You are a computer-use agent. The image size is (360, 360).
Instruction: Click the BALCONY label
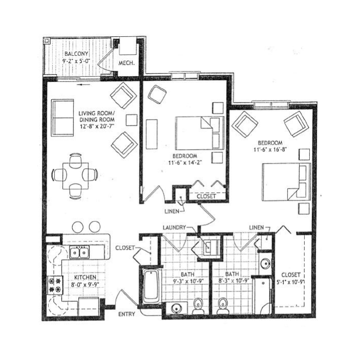point(76,54)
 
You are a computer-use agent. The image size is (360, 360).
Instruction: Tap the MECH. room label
point(126,63)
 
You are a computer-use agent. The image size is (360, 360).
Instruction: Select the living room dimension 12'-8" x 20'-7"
point(97,126)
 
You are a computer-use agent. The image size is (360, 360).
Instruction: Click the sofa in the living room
point(62,118)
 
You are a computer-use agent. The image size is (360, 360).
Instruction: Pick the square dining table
point(76,175)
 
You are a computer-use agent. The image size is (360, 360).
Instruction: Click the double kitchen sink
point(79,253)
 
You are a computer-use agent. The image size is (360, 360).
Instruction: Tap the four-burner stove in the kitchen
point(55,285)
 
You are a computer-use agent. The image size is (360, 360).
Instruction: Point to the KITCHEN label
point(85,277)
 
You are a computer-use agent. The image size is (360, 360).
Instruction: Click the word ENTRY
point(126,314)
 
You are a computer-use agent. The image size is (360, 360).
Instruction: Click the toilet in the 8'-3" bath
point(222,306)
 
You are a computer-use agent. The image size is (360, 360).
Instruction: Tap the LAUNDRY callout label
point(174,228)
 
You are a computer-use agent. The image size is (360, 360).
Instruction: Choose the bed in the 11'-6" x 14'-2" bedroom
point(199,133)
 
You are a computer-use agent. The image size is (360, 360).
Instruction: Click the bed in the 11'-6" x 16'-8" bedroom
point(286,182)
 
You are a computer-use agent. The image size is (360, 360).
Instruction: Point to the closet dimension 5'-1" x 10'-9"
point(291,282)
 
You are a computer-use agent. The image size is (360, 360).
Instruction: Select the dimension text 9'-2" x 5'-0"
point(76,61)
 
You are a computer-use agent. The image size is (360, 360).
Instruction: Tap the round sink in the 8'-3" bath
point(265,263)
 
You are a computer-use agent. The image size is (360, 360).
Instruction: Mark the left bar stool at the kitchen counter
point(78,227)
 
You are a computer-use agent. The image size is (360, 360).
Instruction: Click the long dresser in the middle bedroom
point(152,134)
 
